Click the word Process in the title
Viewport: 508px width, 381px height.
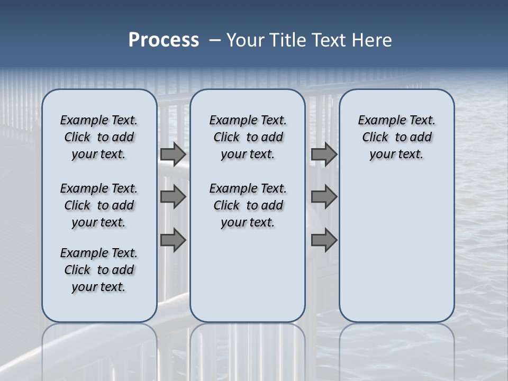(164, 40)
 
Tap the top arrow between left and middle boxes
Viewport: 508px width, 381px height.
(173, 154)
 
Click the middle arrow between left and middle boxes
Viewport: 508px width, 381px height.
(173, 197)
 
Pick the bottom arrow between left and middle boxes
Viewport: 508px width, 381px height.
(173, 240)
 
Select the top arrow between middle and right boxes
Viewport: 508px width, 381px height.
(324, 154)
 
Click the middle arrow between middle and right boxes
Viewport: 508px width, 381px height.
(324, 197)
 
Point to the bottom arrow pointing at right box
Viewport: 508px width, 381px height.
(324, 240)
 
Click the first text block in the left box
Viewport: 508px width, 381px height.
(99, 137)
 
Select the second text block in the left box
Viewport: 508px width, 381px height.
(99, 205)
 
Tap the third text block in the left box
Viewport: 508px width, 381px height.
(99, 270)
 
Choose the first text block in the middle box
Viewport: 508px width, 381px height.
(248, 137)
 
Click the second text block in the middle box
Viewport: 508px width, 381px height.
(248, 205)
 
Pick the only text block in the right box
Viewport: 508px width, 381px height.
(396, 137)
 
